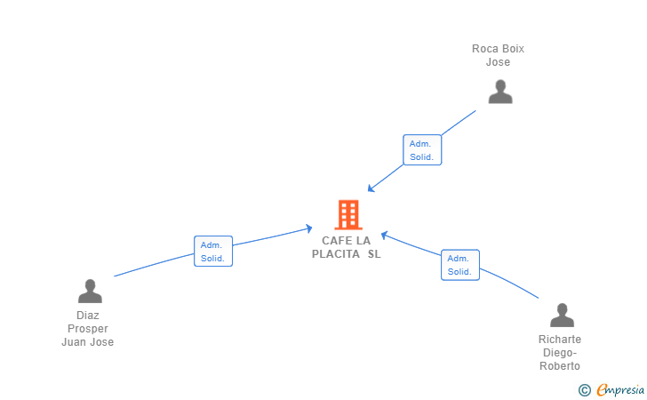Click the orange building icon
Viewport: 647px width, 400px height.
pos(348,214)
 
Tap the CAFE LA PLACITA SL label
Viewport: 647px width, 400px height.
pos(347,247)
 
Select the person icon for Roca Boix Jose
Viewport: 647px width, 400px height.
pos(500,92)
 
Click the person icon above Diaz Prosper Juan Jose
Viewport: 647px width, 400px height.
pos(90,291)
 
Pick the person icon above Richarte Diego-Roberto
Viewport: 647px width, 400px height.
pos(562,315)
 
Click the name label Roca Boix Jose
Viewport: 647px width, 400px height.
pos(498,55)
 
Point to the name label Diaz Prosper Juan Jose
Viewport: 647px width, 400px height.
pos(87,329)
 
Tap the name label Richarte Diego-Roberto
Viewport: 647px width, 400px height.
pos(560,353)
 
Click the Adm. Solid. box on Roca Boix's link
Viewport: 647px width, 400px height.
pos(422,150)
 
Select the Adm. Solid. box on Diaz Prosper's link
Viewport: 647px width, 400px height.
pos(213,252)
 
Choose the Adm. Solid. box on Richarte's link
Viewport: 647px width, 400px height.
pos(460,265)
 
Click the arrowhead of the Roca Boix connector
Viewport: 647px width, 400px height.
pos(371,189)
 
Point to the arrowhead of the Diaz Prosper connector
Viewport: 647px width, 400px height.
pos(308,228)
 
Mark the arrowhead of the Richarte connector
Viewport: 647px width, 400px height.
pos(384,236)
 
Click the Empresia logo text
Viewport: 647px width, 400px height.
pos(620,390)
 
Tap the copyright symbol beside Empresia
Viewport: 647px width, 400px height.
pos(585,390)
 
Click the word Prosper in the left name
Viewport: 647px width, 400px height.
pos(88,329)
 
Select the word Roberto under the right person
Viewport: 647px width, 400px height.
pos(560,365)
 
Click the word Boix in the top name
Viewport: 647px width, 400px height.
pos(513,49)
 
